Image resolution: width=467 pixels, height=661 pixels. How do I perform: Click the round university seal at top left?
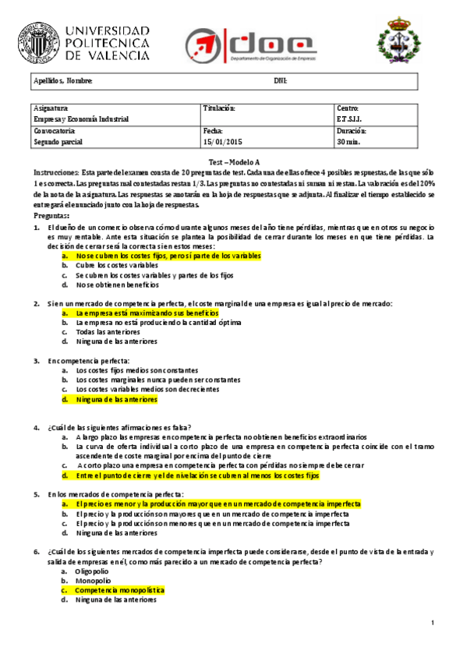click(38, 39)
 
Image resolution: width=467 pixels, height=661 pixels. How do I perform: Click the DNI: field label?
click(281, 81)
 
